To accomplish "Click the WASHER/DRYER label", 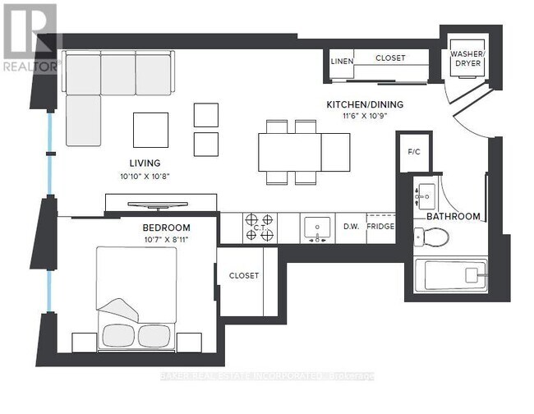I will pos(467,62).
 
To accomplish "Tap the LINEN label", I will pos(342,62).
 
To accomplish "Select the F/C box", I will pos(414,152).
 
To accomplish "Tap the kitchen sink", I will pos(317,227).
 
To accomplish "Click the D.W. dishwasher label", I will pos(351,227).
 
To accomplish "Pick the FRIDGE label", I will pos(380,227).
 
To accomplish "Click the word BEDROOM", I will pos(166,228).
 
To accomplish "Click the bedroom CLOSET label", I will pos(244,276).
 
